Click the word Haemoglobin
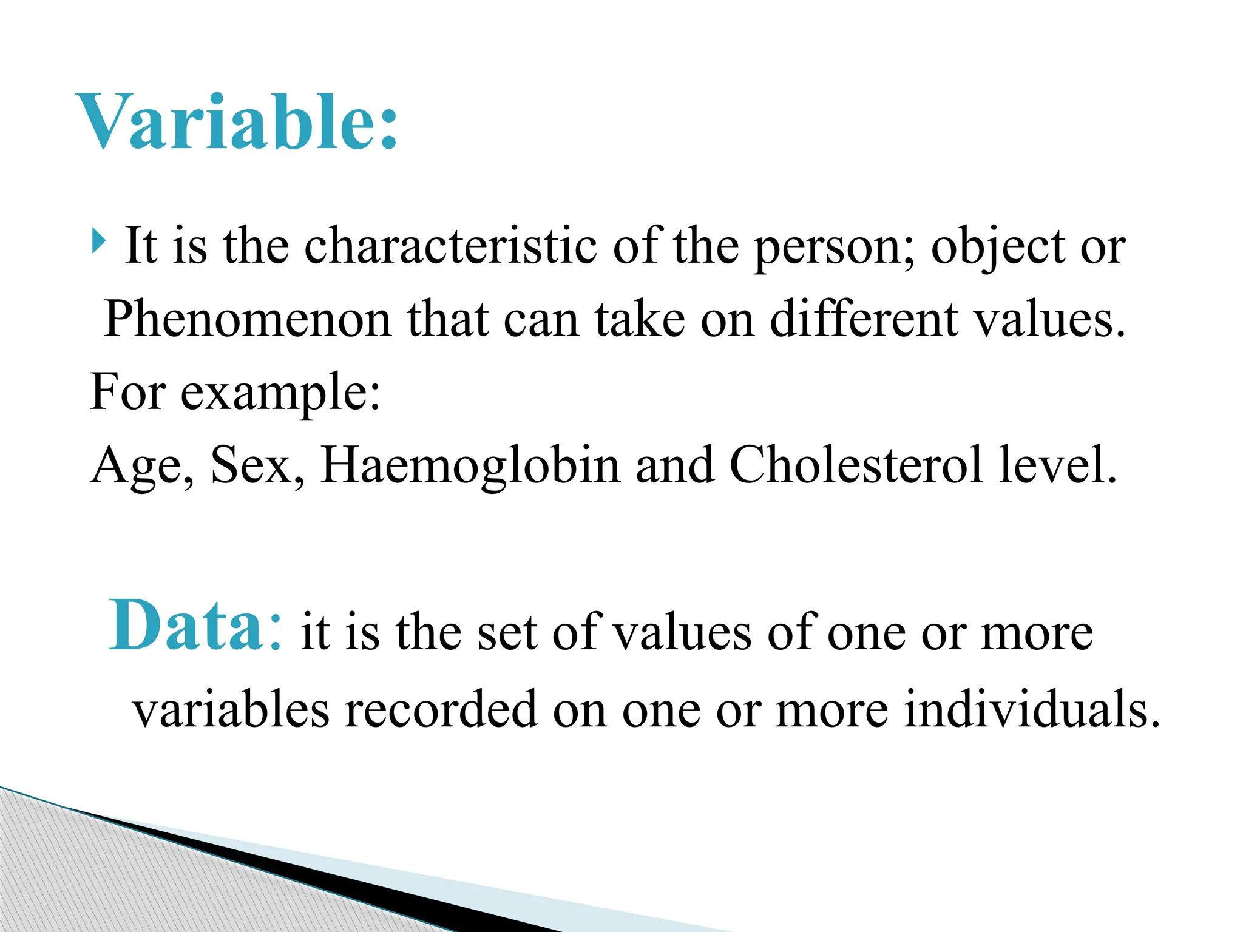point(470,466)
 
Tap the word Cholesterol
point(856,465)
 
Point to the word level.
point(1057,465)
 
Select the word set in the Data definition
point(507,633)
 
